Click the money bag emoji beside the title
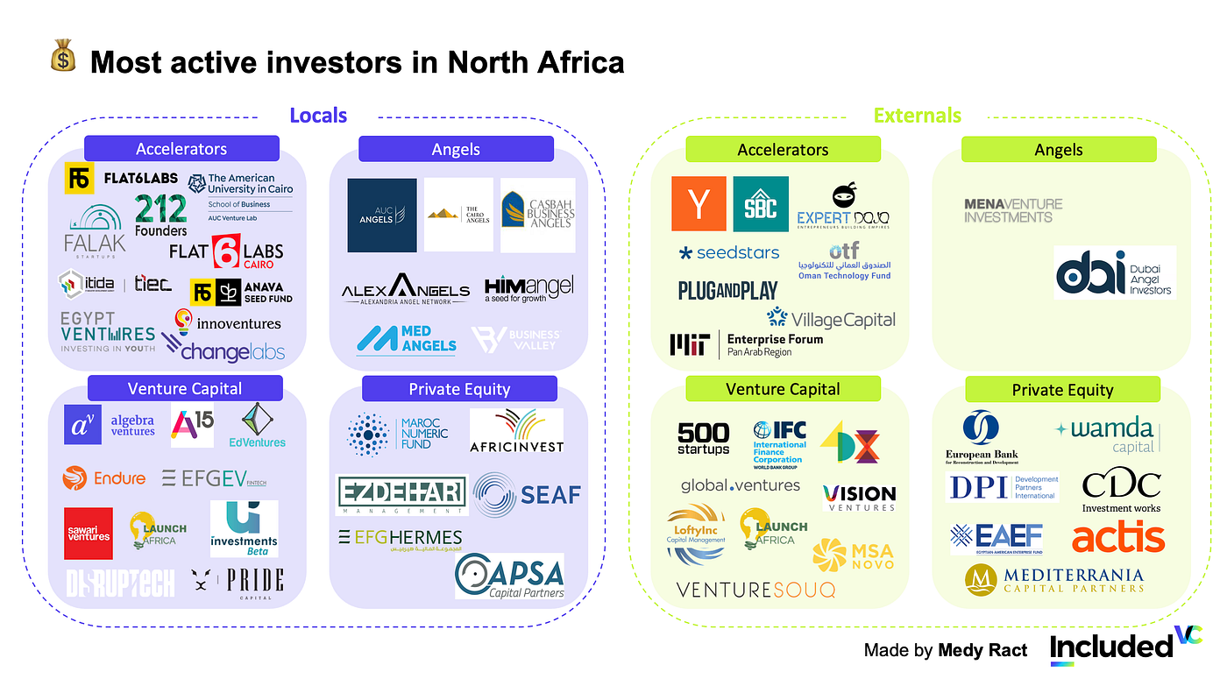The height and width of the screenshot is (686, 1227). tap(65, 60)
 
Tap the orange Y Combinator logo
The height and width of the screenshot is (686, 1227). tap(699, 204)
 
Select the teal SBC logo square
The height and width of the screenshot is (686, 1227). tap(761, 204)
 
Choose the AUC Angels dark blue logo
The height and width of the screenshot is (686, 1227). tap(382, 216)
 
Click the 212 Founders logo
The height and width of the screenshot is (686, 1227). tap(161, 216)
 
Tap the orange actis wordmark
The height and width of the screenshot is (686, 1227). tap(1118, 536)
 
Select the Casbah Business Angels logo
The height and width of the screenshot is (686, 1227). tap(537, 215)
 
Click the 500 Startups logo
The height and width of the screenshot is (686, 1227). tap(703, 438)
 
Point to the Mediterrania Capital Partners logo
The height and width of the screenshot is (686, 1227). tap(1054, 580)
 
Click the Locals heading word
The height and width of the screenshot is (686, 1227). tap(318, 116)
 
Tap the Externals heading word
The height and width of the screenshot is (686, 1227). tap(917, 116)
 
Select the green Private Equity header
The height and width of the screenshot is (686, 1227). tap(1062, 390)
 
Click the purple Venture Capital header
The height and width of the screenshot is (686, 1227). tap(185, 388)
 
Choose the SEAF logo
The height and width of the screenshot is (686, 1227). tap(527, 495)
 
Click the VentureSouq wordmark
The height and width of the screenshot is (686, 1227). tap(755, 589)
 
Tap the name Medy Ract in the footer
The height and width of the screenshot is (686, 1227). tap(982, 650)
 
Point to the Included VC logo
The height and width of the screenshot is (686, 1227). tap(1126, 647)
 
